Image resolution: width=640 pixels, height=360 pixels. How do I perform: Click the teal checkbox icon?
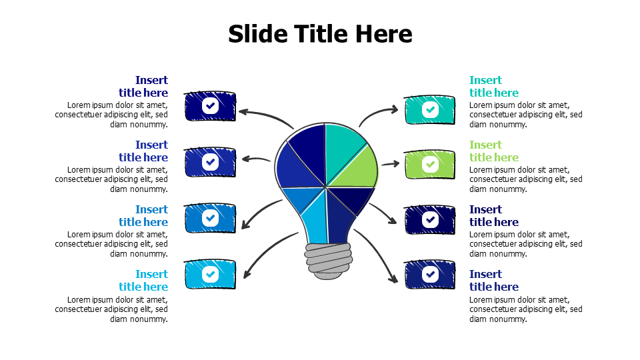[430, 109]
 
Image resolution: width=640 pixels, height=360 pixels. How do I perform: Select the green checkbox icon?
[430, 164]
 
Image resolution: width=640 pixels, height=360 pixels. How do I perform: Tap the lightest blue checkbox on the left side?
[210, 274]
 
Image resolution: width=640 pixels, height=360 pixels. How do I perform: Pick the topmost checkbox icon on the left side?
[210, 105]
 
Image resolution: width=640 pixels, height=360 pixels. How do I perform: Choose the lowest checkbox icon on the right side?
[430, 273]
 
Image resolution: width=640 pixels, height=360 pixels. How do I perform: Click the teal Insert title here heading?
[493, 87]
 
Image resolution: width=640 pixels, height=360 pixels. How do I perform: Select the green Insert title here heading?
[493, 151]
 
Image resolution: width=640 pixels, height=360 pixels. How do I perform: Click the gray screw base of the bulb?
[327, 260]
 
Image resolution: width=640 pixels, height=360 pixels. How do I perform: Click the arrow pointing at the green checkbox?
[390, 163]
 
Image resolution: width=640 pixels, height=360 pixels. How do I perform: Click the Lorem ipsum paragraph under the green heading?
[525, 179]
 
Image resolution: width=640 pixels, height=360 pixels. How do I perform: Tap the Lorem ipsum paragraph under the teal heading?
[525, 115]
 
